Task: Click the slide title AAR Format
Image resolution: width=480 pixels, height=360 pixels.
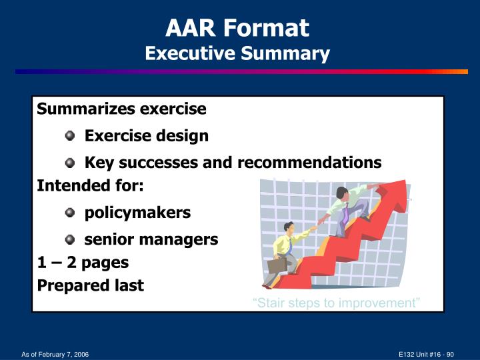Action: coord(237,28)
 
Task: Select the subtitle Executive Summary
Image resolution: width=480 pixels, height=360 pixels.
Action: coord(237,53)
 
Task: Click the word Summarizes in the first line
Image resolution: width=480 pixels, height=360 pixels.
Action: coord(78,109)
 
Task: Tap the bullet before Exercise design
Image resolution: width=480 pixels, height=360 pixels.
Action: coord(70,136)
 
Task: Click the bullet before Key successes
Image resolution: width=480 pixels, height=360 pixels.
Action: coord(70,163)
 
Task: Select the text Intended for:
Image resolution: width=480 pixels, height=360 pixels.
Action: coord(90,186)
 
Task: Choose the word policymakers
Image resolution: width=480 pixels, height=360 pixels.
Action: coord(137,213)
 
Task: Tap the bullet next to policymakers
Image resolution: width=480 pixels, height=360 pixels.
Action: coord(70,213)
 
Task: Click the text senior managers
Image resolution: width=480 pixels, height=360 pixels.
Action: coord(151,239)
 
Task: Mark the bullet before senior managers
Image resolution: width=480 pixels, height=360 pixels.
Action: coord(70,240)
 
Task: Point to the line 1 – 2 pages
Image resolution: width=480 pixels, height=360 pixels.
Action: coord(83,262)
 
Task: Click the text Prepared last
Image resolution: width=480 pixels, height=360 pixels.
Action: coord(90,285)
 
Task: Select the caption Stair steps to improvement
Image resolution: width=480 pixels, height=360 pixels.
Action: coord(336,303)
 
